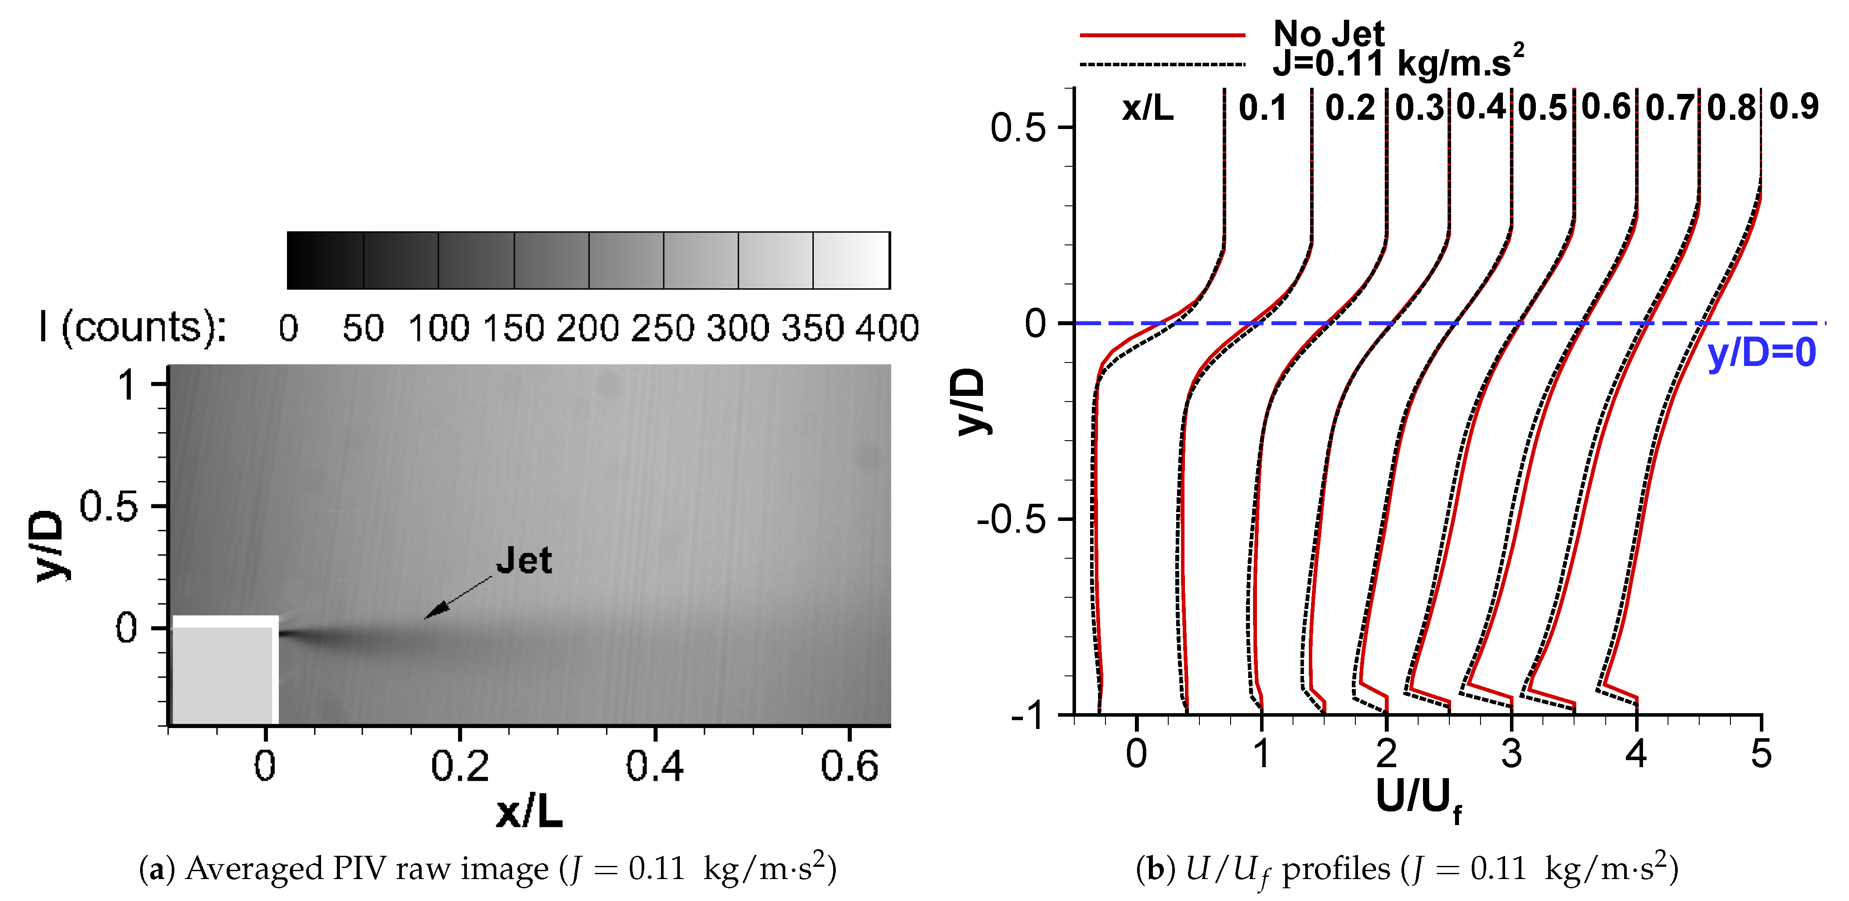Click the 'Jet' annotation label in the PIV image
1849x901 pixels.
click(524, 560)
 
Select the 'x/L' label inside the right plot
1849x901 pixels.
click(1148, 109)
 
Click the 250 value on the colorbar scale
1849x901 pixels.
click(662, 329)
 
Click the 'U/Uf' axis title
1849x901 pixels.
click(1418, 798)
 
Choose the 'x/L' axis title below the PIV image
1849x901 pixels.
click(529, 813)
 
